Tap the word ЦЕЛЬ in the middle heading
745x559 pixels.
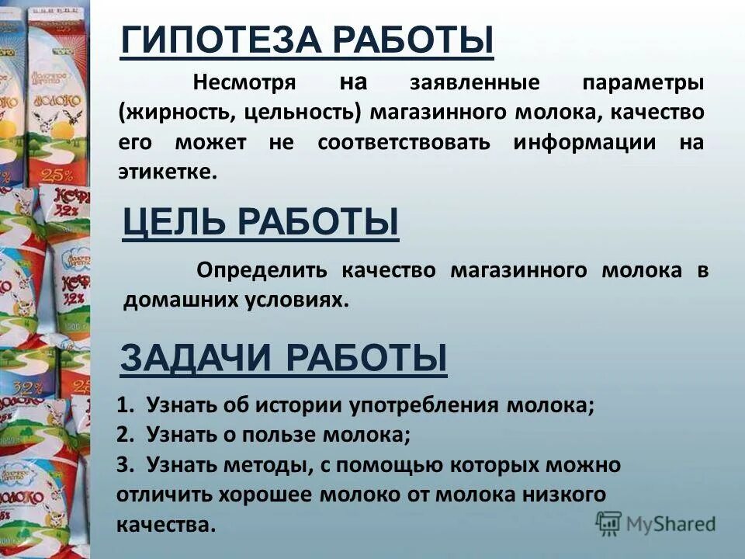point(174,223)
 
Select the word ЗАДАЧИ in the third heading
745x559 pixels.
point(196,359)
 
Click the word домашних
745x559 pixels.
point(168,300)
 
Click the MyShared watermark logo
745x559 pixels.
point(656,523)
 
